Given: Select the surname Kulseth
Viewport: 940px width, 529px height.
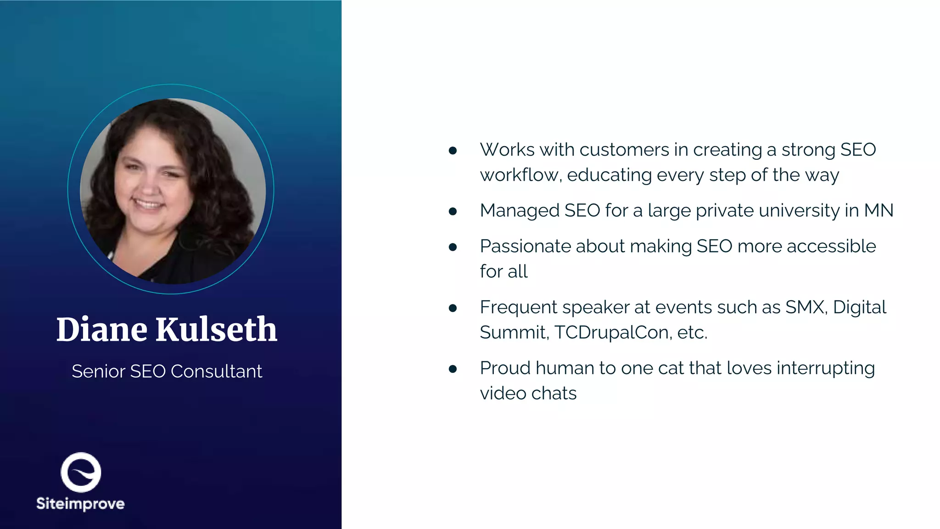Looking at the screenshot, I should pyautogui.click(x=216, y=330).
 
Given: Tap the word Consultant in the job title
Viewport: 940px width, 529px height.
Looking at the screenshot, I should pyautogui.click(x=216, y=371).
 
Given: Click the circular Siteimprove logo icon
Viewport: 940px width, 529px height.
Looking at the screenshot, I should pyautogui.click(x=81, y=473).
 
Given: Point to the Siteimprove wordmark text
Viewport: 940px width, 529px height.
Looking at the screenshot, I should pyautogui.click(x=80, y=504).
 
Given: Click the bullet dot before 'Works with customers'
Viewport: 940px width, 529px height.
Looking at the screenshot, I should pyautogui.click(x=453, y=151).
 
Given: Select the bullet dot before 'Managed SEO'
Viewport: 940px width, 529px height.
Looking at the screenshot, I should pyautogui.click(x=453, y=211).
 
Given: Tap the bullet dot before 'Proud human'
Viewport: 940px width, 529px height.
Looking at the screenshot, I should pyautogui.click(x=453, y=369).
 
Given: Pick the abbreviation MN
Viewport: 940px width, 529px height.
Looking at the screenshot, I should pyautogui.click(x=878, y=210).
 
